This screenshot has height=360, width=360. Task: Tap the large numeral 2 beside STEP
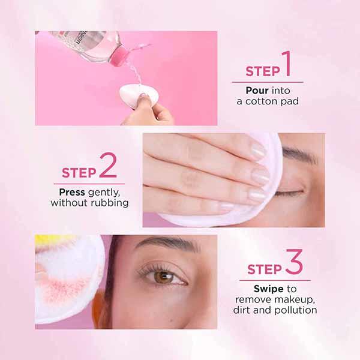click(108, 168)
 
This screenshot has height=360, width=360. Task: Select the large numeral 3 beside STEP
click(293, 265)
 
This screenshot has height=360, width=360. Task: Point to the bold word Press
click(72, 193)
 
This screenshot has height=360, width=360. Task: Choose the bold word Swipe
click(259, 289)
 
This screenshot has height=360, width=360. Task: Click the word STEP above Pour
click(262, 72)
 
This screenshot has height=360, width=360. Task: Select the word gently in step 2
click(104, 193)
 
